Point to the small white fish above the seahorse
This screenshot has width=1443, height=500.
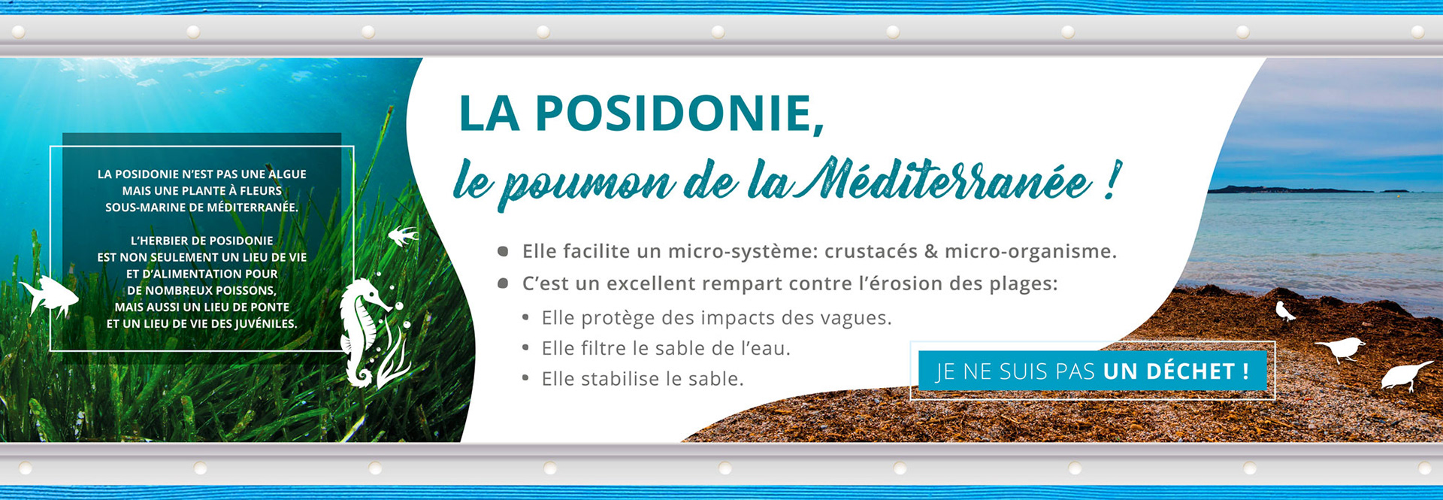click(403, 236)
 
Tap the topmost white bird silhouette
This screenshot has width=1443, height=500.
click(1284, 311)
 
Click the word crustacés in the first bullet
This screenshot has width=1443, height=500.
click(870, 251)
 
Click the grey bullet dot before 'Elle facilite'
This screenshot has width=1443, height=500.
click(504, 251)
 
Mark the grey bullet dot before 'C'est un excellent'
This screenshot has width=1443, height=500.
click(504, 283)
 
